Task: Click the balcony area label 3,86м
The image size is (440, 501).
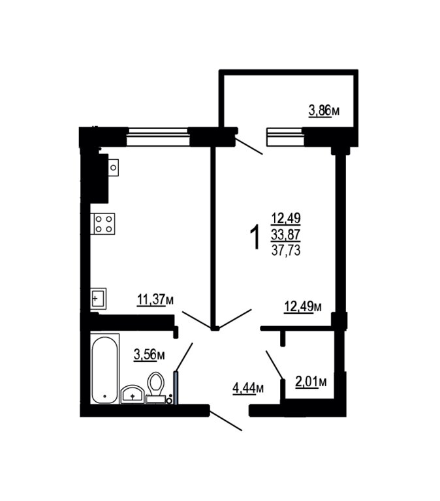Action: click(x=324, y=111)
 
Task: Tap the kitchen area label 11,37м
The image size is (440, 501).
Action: click(x=155, y=299)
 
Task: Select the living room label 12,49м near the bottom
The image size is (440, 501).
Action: click(x=303, y=307)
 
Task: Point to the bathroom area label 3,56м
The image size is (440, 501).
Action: click(x=149, y=355)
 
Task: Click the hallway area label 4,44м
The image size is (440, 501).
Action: click(x=248, y=388)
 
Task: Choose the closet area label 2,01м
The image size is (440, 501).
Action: click(x=311, y=382)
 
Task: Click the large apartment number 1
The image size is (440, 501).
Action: click(x=255, y=237)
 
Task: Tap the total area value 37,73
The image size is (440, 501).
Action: click(x=286, y=250)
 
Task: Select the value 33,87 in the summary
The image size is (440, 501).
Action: click(x=286, y=235)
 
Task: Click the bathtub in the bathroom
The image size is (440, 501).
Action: click(x=104, y=369)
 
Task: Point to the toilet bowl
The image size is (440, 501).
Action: click(x=156, y=384)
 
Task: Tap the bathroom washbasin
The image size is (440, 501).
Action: click(x=132, y=395)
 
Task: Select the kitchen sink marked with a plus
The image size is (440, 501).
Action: click(x=98, y=299)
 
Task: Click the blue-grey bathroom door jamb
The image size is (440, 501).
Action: click(x=176, y=387)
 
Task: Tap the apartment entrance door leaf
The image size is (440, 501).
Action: click(x=226, y=419)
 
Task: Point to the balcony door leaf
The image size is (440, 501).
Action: click(x=249, y=145)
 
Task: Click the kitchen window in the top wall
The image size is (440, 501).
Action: click(x=158, y=136)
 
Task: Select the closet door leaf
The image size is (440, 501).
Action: click(x=274, y=365)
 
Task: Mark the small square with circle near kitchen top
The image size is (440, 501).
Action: click(x=113, y=168)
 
